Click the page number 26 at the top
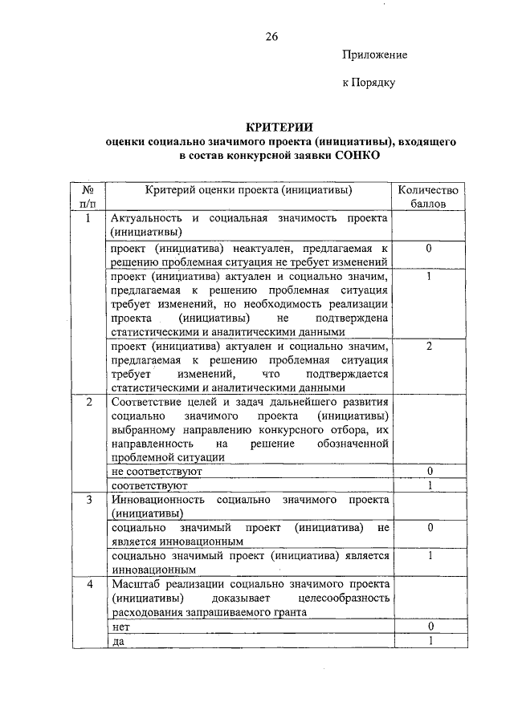point(271,37)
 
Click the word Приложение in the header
point(375,55)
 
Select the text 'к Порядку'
point(369,82)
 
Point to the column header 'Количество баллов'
point(430,197)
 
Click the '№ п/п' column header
point(89,197)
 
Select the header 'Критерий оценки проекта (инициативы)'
point(249,190)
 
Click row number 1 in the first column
point(89,218)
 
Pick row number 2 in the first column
point(89,401)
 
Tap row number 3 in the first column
point(89,500)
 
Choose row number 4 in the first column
point(89,584)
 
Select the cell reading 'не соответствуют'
point(152,472)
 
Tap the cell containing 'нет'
point(122,627)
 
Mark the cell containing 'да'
point(119,641)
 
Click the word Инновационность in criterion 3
point(158,500)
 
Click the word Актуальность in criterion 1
point(148,218)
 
